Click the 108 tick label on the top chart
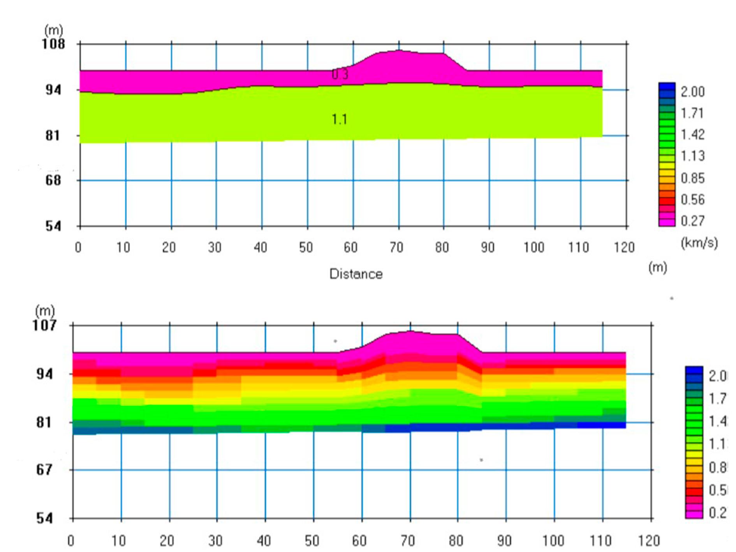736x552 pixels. point(53,44)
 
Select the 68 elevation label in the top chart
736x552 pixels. point(53,180)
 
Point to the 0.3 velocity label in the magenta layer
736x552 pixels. point(340,74)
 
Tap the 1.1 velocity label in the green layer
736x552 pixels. point(339,119)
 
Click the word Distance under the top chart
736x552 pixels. point(356,274)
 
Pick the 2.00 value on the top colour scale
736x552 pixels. point(692,92)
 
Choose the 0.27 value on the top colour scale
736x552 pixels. point(692,221)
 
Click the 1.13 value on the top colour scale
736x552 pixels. point(692,156)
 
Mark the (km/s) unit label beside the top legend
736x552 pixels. point(699,243)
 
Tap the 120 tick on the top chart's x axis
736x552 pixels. point(624,247)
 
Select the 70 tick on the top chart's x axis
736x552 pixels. point(396,247)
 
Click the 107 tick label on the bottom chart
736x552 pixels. point(44,325)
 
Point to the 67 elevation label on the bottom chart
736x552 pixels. point(44,470)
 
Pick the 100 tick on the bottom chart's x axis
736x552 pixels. point(553,541)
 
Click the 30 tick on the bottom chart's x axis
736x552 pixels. point(215,541)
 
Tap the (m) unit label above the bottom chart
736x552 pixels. point(45,311)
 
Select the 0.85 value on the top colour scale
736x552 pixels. point(692,178)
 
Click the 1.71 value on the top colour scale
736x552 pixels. point(692,113)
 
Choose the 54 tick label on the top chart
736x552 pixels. point(53,226)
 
